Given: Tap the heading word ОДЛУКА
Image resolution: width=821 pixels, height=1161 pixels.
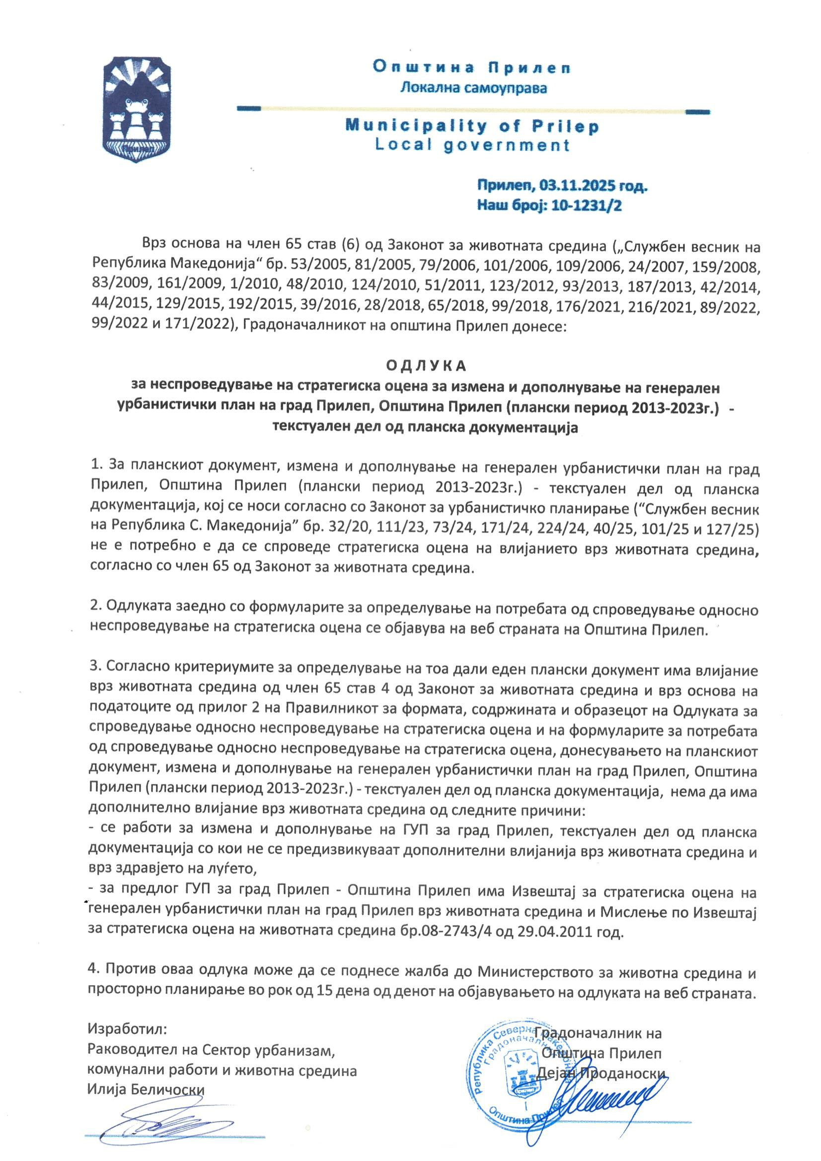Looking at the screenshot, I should tap(426, 366).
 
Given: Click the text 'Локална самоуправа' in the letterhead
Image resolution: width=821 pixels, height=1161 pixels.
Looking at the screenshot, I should tap(473, 88).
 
